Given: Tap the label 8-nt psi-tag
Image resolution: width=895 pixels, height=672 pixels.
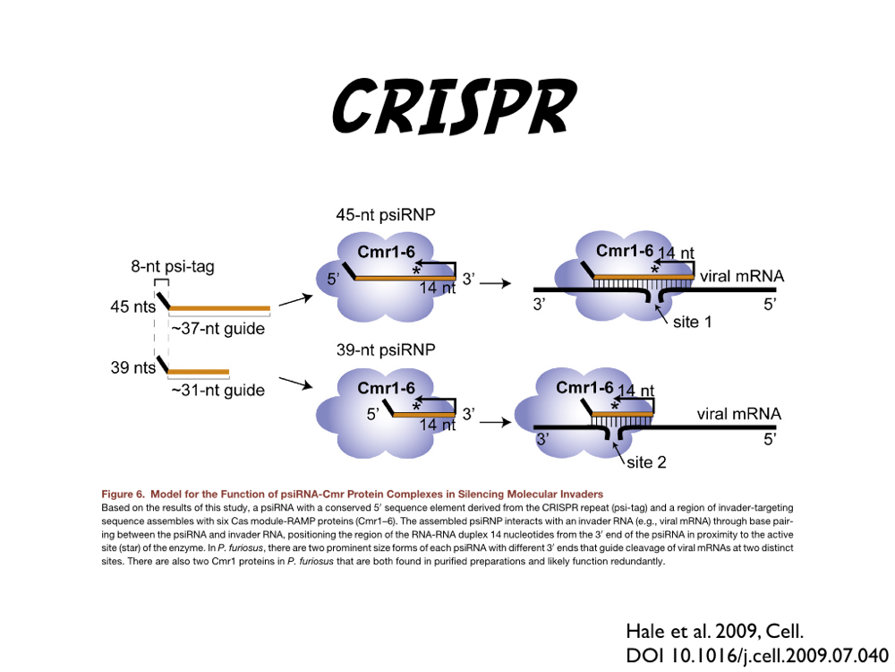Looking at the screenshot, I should tap(172, 266).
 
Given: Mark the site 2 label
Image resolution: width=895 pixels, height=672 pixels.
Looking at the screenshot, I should tap(644, 462).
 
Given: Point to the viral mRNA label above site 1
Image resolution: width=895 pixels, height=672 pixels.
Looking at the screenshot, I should tap(742, 277).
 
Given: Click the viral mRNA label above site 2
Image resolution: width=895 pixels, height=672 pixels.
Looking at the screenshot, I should tap(738, 414).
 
